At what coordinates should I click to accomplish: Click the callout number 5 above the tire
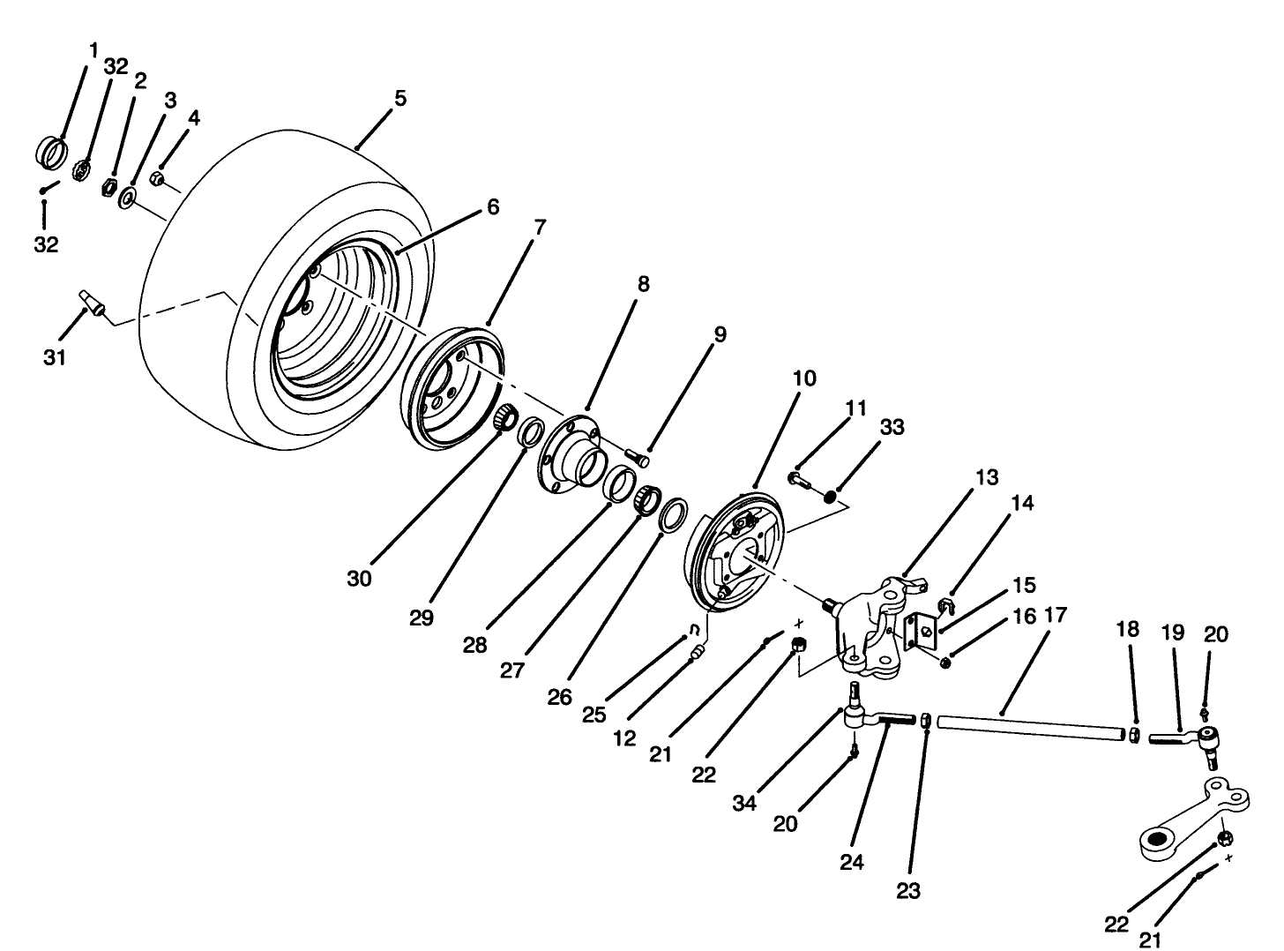pyautogui.click(x=399, y=98)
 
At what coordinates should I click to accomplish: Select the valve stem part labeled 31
pyautogui.click(x=92, y=302)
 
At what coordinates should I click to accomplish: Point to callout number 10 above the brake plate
pyautogui.click(x=803, y=378)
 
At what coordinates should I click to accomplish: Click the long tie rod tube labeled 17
pyautogui.click(x=1032, y=729)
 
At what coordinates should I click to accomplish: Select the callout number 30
pyautogui.click(x=359, y=579)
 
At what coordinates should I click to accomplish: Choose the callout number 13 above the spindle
pyautogui.click(x=986, y=477)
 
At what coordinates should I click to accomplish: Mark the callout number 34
pyautogui.click(x=745, y=804)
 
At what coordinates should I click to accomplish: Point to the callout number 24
pyautogui.click(x=851, y=863)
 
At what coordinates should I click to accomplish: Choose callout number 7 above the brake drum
pyautogui.click(x=538, y=228)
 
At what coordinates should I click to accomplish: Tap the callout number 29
pyautogui.click(x=422, y=618)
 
